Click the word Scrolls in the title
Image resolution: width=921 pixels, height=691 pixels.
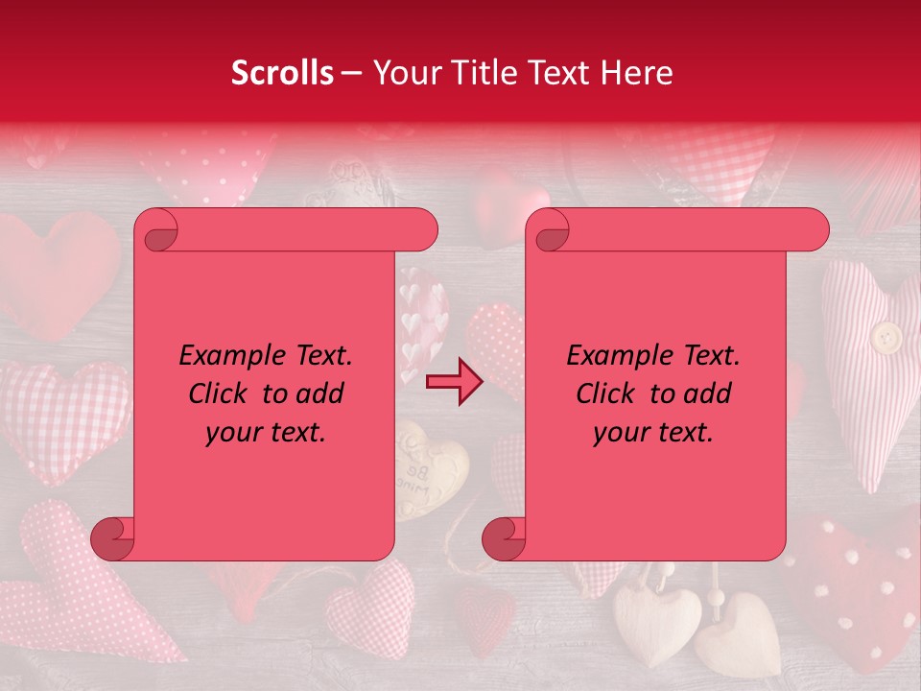pyautogui.click(x=282, y=73)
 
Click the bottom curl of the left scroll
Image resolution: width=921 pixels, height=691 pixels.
pyautogui.click(x=113, y=537)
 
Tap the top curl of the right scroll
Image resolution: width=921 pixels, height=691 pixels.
pyautogui.click(x=549, y=230)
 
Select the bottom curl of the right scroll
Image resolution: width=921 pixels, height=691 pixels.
pyautogui.click(x=504, y=537)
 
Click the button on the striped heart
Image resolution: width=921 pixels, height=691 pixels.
pyautogui.click(x=886, y=336)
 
